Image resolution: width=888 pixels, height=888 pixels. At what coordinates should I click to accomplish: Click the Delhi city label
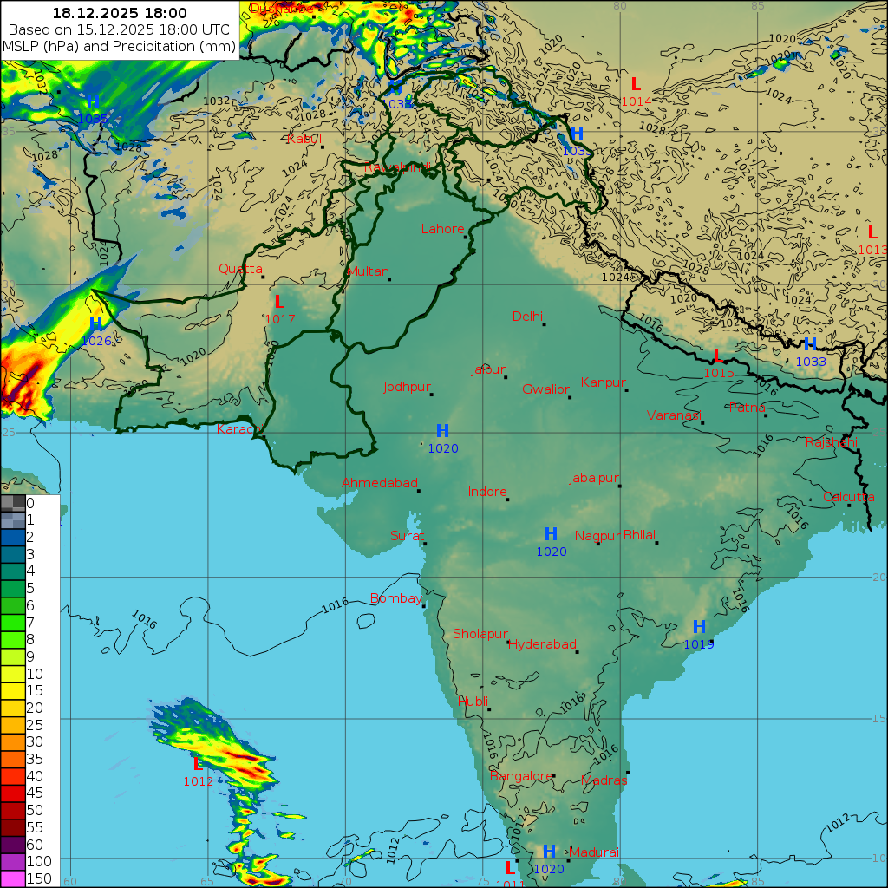pyautogui.click(x=526, y=317)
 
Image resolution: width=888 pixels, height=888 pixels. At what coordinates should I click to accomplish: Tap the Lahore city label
pyautogui.click(x=442, y=230)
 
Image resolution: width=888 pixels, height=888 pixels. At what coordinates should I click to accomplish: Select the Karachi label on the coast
pyautogui.click(x=238, y=429)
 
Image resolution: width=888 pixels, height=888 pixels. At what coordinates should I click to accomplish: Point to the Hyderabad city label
pyautogui.click(x=542, y=644)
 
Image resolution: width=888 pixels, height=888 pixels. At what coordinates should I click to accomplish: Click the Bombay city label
pyautogui.click(x=395, y=598)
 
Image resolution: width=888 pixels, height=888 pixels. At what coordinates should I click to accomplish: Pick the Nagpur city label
pyautogui.click(x=597, y=536)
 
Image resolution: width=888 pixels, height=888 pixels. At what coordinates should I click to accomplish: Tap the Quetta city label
pyautogui.click(x=240, y=269)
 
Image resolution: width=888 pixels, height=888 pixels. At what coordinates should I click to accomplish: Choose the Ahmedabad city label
pyautogui.click(x=380, y=483)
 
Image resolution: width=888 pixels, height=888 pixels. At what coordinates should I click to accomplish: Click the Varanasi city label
pyautogui.click(x=673, y=415)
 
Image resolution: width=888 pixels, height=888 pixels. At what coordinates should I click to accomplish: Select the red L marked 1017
pyautogui.click(x=279, y=303)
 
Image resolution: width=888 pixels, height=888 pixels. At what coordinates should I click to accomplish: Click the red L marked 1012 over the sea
pyautogui.click(x=198, y=765)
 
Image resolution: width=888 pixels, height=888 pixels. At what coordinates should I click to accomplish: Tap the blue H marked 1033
pyautogui.click(x=810, y=345)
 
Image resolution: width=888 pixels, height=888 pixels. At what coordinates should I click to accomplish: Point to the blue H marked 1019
pyautogui.click(x=699, y=627)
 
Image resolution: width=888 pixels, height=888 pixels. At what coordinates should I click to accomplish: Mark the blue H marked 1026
pyautogui.click(x=96, y=323)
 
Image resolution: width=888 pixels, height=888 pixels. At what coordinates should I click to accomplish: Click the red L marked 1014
pyautogui.click(x=636, y=85)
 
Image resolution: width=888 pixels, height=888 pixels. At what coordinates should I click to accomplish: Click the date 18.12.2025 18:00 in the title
pyautogui.click(x=120, y=13)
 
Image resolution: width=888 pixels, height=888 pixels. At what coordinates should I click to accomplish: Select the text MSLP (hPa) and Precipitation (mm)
pyautogui.click(x=120, y=46)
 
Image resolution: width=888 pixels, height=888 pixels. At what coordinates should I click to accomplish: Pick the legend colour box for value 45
pyautogui.click(x=13, y=793)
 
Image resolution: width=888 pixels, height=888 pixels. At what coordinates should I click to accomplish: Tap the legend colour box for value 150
pyautogui.click(x=13, y=878)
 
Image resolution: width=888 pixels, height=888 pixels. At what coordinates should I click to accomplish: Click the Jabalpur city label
pyautogui.click(x=594, y=478)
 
